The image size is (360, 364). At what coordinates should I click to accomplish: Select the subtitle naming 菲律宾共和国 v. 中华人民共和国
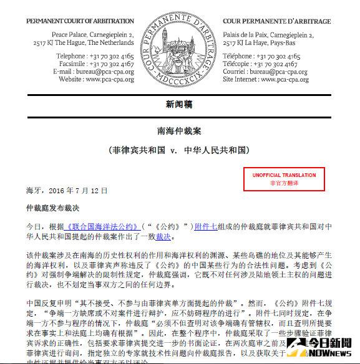pyautogui.click(x=180, y=151)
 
